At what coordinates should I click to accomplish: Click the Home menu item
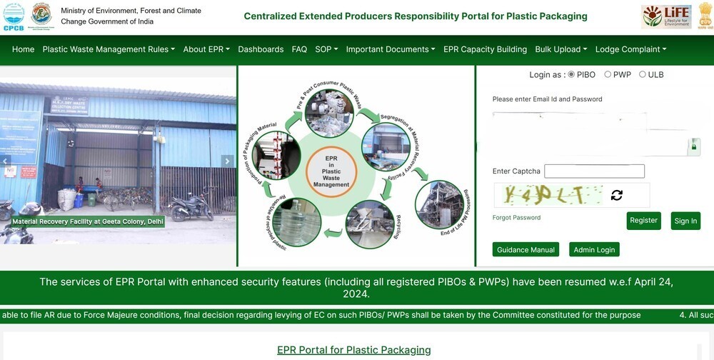23,49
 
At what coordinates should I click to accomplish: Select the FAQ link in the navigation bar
299,49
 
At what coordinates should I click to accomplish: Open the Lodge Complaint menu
630,49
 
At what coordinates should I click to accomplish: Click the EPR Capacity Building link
485,49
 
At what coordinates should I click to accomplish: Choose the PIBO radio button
571,74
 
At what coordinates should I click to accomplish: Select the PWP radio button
608,74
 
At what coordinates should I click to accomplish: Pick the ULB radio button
643,74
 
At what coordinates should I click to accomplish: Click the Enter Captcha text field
594,171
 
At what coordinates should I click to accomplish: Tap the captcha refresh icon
617,195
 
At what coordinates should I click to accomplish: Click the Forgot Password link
516,218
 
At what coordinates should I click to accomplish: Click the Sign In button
685,221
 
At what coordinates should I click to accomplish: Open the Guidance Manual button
526,250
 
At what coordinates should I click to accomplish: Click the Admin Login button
594,250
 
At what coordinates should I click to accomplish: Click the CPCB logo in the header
13,15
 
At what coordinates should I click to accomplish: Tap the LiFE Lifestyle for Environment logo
665,16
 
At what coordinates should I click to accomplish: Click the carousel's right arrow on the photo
227,161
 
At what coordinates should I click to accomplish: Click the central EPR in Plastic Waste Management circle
331,171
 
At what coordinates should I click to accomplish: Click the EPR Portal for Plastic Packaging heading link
354,350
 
